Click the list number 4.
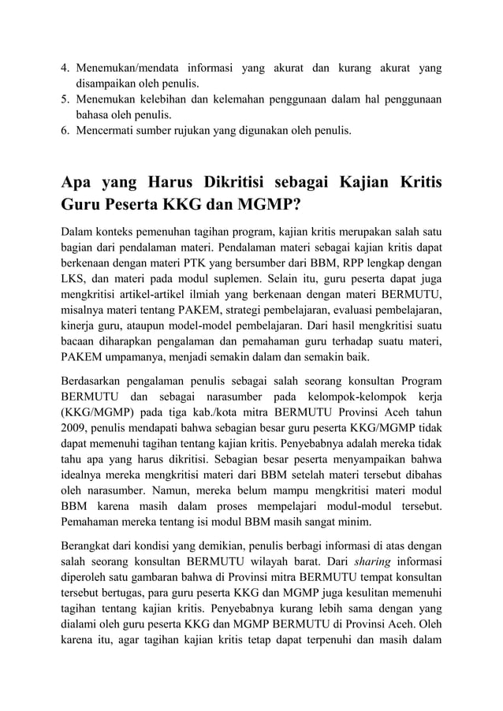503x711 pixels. pos(66,68)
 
